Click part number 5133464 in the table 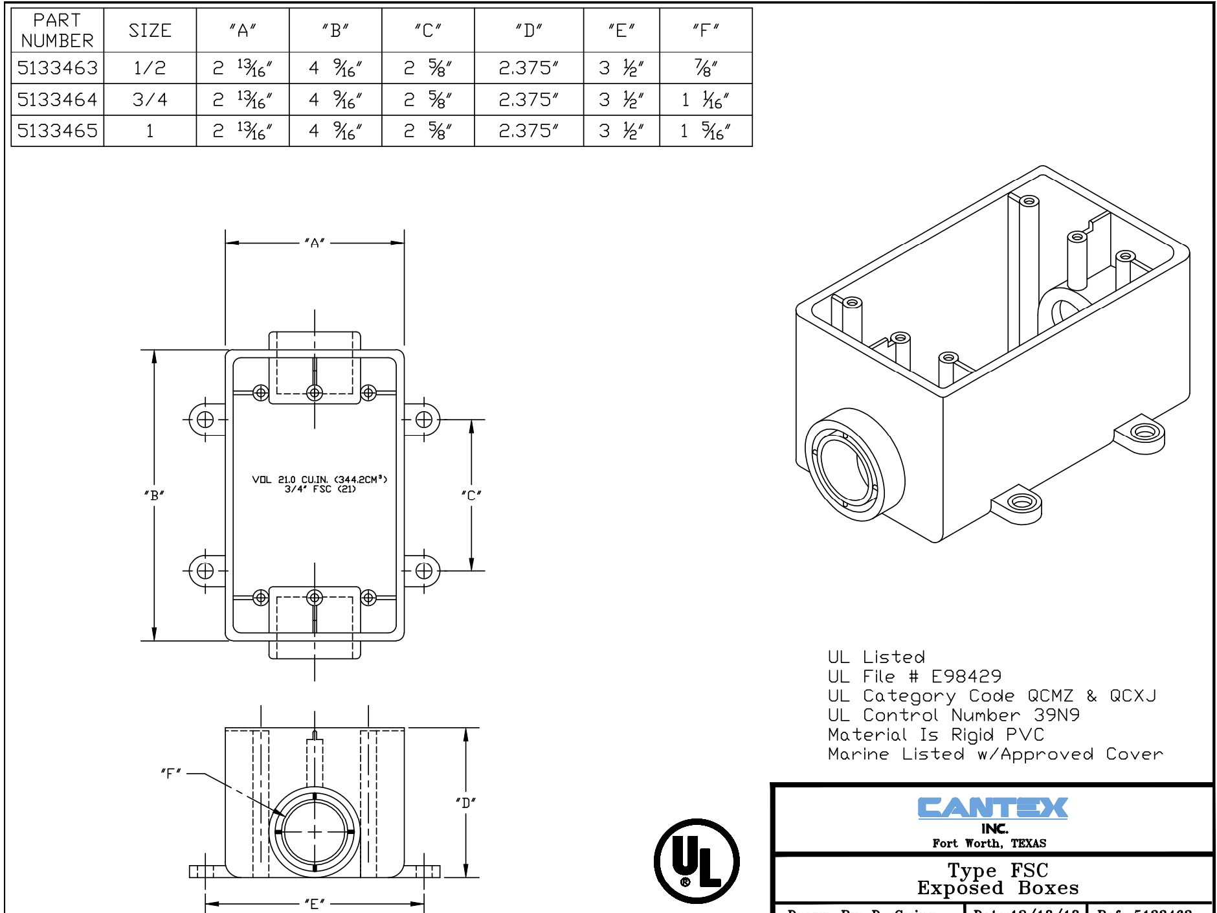(57, 99)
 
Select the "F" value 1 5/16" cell (705, 131)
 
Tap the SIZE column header (150, 30)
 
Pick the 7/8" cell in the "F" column (705, 67)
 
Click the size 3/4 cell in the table (150, 99)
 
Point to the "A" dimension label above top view (315, 243)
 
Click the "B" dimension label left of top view (154, 496)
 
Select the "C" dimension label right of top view (471, 496)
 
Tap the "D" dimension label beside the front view (465, 803)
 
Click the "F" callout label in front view (171, 773)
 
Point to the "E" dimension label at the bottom (315, 904)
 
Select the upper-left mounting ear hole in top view (205, 420)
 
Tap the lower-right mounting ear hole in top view (423, 570)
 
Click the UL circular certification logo (697, 861)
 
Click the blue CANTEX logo (992, 808)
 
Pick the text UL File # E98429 (914, 677)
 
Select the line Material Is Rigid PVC (935, 735)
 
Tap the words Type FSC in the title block (997, 870)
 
